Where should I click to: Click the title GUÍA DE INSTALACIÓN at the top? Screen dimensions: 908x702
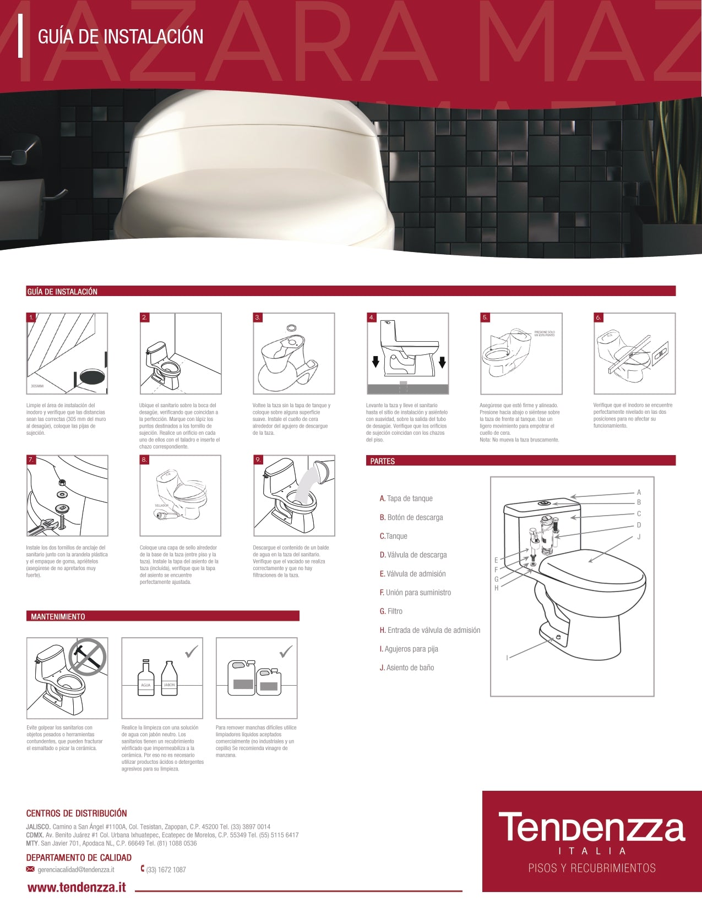click(120, 37)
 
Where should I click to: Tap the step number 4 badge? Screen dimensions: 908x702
click(372, 318)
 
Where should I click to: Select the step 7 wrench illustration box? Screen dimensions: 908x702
click(67, 496)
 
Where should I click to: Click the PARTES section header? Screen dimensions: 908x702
click(383, 461)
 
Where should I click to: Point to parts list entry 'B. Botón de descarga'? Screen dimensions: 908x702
click(411, 517)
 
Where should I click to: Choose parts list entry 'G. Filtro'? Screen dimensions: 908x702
click(391, 611)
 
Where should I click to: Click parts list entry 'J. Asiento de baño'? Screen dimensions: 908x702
click(407, 668)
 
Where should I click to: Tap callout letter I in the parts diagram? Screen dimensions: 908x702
click(507, 658)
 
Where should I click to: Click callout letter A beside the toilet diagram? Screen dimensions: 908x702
click(639, 493)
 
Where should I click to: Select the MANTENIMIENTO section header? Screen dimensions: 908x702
click(58, 616)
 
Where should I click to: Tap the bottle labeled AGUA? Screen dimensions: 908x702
click(146, 679)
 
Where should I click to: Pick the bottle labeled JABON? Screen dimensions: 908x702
click(169, 679)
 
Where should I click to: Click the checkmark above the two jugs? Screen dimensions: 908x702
click(286, 652)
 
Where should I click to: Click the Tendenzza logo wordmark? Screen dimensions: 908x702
click(592, 828)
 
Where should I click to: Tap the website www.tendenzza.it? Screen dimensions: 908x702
click(77, 887)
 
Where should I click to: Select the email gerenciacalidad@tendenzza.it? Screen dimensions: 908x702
click(75, 869)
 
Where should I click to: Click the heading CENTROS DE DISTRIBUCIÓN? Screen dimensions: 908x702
click(77, 813)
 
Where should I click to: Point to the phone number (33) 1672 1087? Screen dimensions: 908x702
click(166, 870)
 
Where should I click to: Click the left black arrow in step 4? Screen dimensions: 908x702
click(376, 362)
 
